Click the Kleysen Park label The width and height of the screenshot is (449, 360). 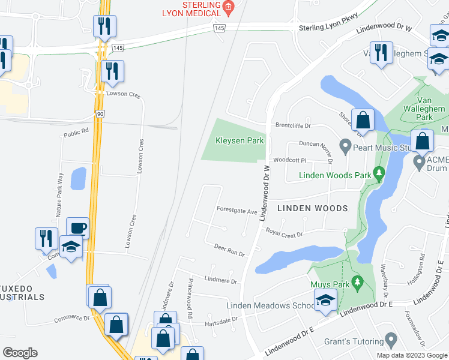(232, 141)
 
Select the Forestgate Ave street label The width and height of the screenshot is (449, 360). (237, 212)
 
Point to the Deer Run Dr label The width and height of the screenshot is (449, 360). (229, 250)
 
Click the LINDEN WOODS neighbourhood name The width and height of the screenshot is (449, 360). (313, 208)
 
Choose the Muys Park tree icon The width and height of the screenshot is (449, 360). (357, 281)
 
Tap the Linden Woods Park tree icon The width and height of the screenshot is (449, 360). (378, 175)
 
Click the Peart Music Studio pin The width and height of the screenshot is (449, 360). (345, 146)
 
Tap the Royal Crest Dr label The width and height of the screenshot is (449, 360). (285, 233)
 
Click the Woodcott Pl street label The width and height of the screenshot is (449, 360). (290, 161)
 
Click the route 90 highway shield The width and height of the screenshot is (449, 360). (100, 113)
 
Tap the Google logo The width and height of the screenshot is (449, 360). (20, 353)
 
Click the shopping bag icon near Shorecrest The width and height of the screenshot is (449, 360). (363, 119)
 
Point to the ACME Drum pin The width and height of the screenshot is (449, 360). (419, 161)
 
